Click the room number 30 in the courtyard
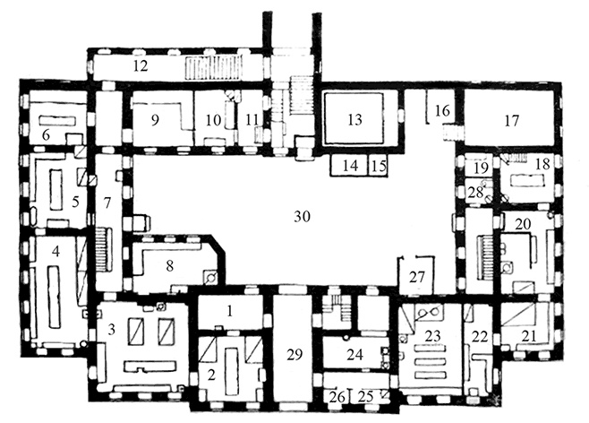(x=303, y=217)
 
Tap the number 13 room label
(x=355, y=119)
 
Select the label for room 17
(x=512, y=121)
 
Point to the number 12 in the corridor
(x=141, y=66)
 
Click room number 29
(x=294, y=354)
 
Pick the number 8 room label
(x=170, y=266)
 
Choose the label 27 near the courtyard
(x=417, y=277)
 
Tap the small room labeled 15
(x=379, y=166)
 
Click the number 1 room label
(x=230, y=311)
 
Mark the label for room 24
(x=355, y=354)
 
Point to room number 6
(x=47, y=135)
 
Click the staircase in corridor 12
(x=213, y=68)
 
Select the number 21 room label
(x=528, y=336)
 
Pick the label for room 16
(x=442, y=111)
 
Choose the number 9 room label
(x=155, y=120)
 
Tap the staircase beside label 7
(x=104, y=250)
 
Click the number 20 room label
(x=524, y=224)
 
